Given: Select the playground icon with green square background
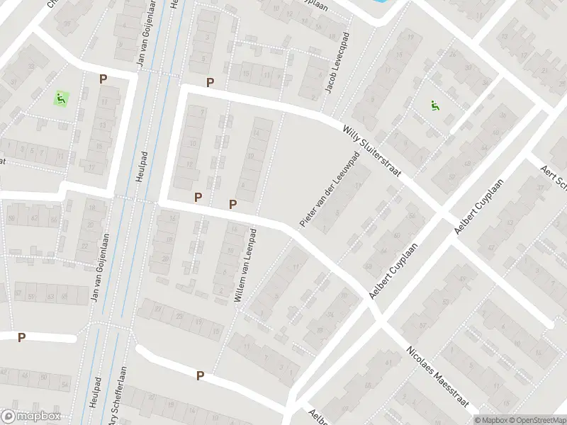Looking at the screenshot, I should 61,98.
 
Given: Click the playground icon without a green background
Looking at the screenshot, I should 434,106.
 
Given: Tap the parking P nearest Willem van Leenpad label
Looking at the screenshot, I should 232,205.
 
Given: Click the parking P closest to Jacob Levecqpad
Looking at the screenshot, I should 210,83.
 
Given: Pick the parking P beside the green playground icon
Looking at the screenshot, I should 103,80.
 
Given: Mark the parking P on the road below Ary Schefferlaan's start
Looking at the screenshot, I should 201,376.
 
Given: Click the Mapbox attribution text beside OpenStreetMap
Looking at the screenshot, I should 491,419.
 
